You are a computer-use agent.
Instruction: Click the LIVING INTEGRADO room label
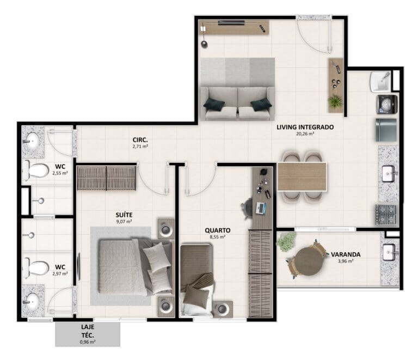[x=305, y=127]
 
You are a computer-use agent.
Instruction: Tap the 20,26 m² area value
[x=305, y=134]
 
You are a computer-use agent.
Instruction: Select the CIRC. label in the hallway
[x=140, y=140]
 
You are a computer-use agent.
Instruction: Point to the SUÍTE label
[x=124, y=215]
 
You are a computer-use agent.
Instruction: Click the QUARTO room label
[x=218, y=230]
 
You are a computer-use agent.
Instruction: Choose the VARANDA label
[x=346, y=254]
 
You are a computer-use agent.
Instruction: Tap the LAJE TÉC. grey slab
[x=88, y=334]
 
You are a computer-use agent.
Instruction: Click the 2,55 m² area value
[x=60, y=173]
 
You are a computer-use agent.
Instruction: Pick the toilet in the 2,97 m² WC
[x=36, y=267]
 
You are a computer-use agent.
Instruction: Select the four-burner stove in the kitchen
[x=386, y=215]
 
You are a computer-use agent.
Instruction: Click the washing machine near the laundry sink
[x=387, y=104]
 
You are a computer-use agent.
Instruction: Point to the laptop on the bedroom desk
[x=261, y=208]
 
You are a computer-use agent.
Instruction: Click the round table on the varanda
[x=309, y=261]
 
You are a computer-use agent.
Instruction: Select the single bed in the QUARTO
[x=196, y=279]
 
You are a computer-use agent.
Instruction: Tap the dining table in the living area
[x=302, y=176]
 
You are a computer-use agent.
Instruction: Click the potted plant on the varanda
[x=286, y=242]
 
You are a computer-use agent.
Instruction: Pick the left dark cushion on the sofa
[x=214, y=104]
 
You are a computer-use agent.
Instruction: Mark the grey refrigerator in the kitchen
[x=386, y=130]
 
